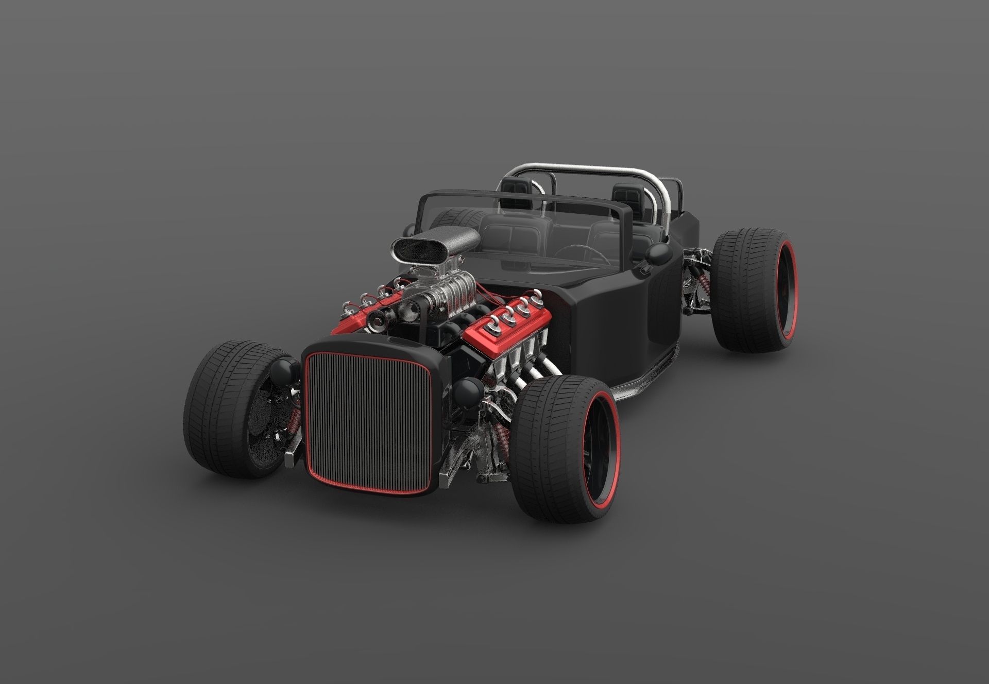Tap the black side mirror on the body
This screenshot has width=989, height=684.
tap(659, 254)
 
